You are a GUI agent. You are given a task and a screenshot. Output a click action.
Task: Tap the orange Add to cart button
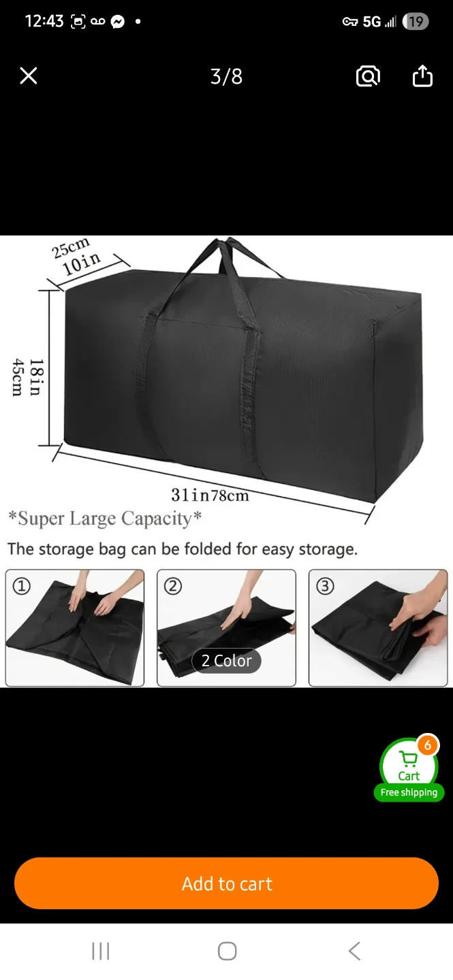pyautogui.click(x=226, y=883)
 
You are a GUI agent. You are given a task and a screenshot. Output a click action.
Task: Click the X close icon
pyautogui.click(x=29, y=76)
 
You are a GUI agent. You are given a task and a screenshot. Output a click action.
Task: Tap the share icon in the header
pyautogui.click(x=422, y=76)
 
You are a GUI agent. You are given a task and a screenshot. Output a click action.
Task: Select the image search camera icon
pyautogui.click(x=368, y=76)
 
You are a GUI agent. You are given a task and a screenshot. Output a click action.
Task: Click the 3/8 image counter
pyautogui.click(x=226, y=76)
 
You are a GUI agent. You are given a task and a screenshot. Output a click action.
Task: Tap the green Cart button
pyautogui.click(x=409, y=765)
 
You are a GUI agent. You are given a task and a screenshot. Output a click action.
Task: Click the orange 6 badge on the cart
pyautogui.click(x=428, y=745)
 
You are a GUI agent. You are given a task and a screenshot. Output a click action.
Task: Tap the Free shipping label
pyautogui.click(x=409, y=792)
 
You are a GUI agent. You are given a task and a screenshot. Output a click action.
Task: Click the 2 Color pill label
pyautogui.click(x=226, y=661)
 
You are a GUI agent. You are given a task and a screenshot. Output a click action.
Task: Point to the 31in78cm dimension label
pyautogui.click(x=210, y=495)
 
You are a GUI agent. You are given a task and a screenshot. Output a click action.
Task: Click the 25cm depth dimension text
pyautogui.click(x=70, y=248)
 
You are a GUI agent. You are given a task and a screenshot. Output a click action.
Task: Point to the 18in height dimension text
pyautogui.click(x=37, y=377)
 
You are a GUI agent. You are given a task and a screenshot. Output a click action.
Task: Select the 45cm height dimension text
pyautogui.click(x=18, y=377)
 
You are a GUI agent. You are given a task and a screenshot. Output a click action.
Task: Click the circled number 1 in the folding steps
pyautogui.click(x=22, y=586)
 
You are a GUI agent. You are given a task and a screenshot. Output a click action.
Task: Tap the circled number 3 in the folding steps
pyautogui.click(x=325, y=586)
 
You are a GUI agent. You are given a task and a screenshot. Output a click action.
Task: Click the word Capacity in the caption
pyautogui.click(x=157, y=519)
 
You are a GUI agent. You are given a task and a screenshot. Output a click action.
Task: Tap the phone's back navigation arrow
pyautogui.click(x=354, y=951)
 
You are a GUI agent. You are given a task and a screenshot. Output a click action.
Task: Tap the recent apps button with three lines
pyautogui.click(x=100, y=951)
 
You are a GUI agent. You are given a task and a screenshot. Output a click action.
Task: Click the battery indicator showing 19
pyautogui.click(x=416, y=21)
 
